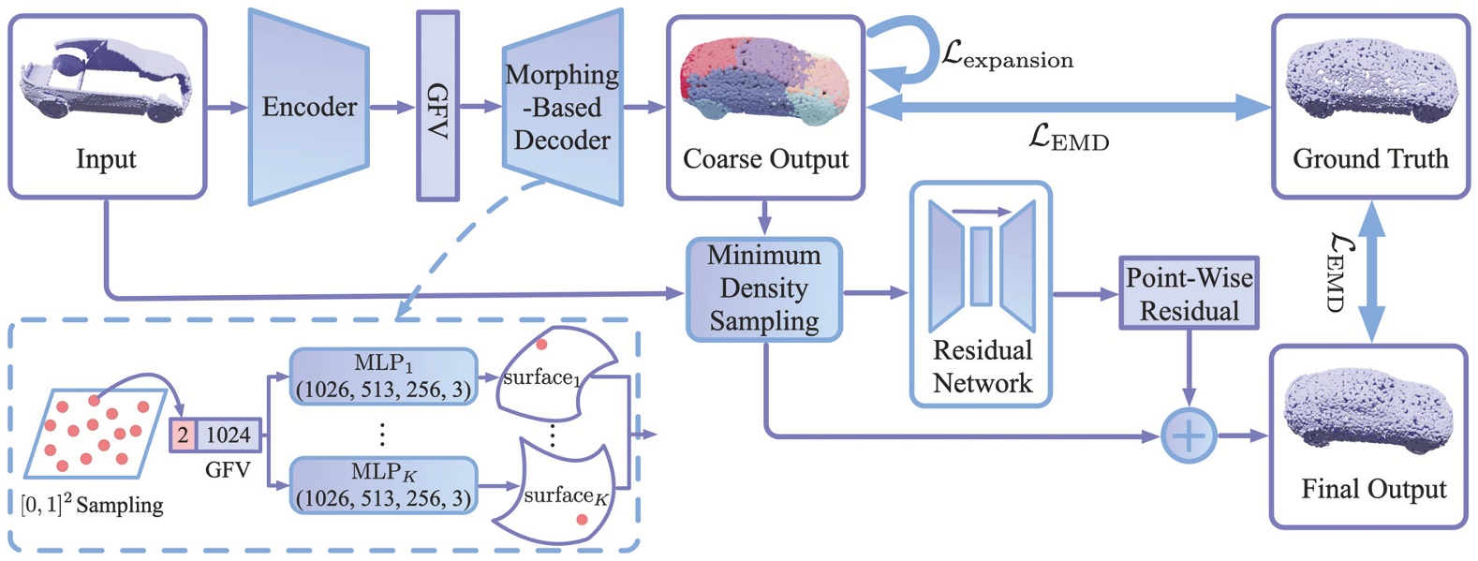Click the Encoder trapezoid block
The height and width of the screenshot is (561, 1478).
click(308, 107)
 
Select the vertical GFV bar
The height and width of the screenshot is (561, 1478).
click(437, 107)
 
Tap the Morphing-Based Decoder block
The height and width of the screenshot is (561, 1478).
click(562, 107)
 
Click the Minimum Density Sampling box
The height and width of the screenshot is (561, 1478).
click(764, 288)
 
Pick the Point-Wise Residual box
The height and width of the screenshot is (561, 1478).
click(1189, 294)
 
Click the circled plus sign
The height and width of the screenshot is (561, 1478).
click(1188, 436)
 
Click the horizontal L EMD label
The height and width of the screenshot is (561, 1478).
click(1068, 140)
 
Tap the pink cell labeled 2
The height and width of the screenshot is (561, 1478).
click(183, 436)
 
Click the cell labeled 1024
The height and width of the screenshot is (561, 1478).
click(228, 436)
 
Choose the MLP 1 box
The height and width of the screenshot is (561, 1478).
click(383, 376)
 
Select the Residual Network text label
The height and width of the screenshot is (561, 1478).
click(982, 367)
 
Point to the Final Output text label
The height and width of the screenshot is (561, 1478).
click(1373, 489)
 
